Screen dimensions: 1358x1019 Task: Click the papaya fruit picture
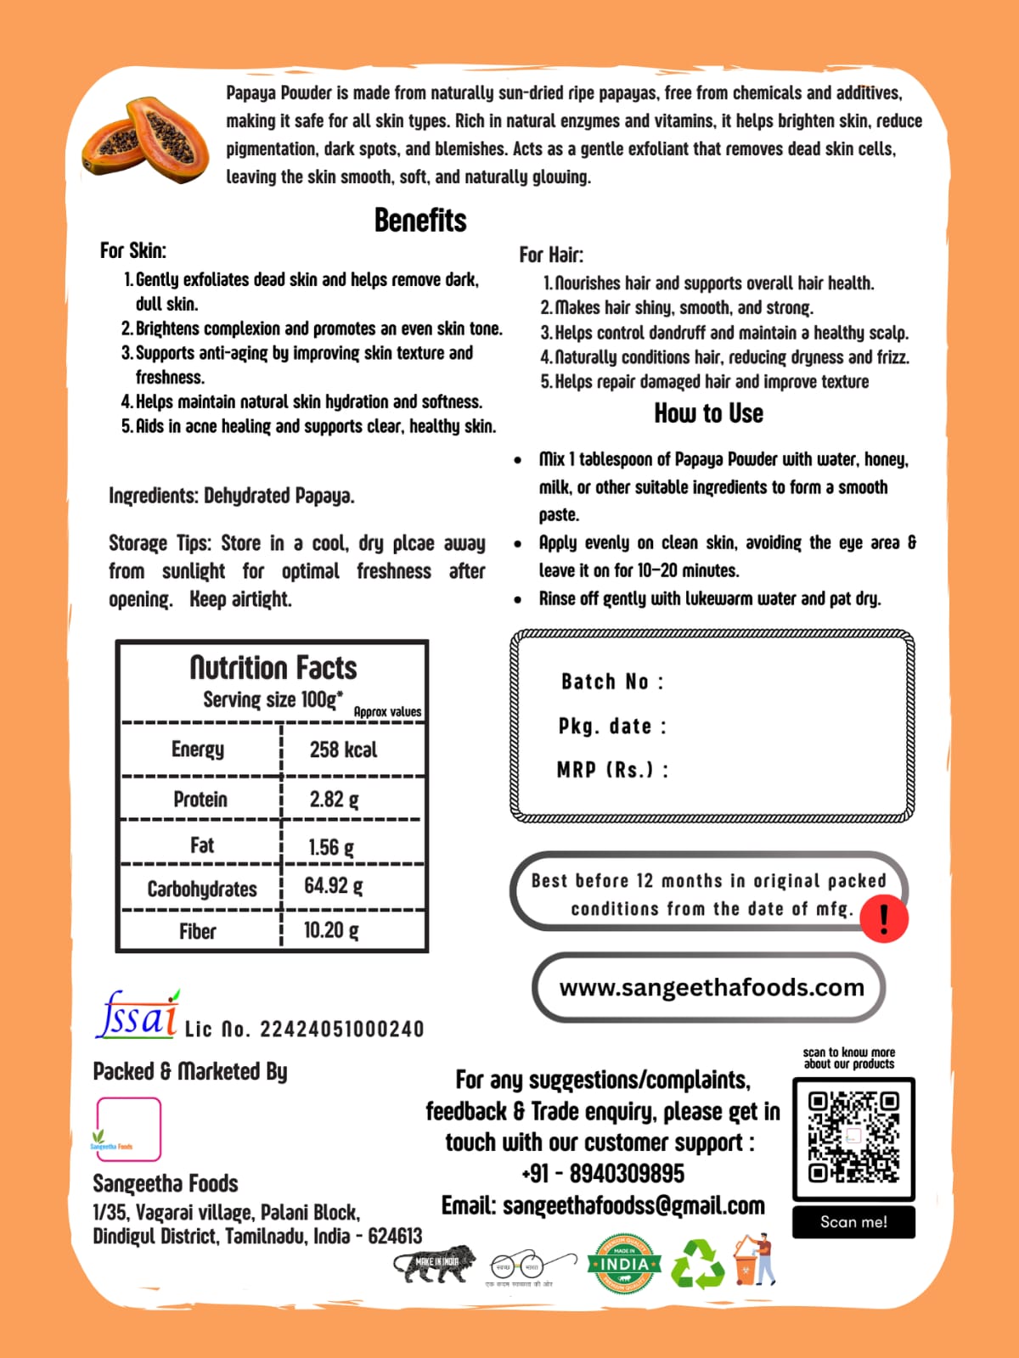tap(145, 138)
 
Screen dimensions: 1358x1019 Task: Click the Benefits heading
tap(420, 221)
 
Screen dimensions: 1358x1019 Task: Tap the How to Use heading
tap(708, 413)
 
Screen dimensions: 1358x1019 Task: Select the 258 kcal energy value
tap(343, 749)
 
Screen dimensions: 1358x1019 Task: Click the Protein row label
tap(200, 800)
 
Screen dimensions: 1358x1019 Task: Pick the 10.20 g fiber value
tap(331, 930)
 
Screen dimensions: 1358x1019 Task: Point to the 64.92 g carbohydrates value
tap(334, 886)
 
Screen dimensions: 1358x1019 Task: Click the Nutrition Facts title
tap(273, 668)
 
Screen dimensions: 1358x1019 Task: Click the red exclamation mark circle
tap(884, 918)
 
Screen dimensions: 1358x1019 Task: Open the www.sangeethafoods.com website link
tap(711, 987)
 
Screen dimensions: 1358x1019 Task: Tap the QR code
tap(853, 1138)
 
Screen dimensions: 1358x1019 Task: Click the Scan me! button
tap(853, 1222)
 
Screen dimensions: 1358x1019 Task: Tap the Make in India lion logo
tap(435, 1264)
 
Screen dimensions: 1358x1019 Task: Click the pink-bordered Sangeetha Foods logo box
tap(128, 1129)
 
